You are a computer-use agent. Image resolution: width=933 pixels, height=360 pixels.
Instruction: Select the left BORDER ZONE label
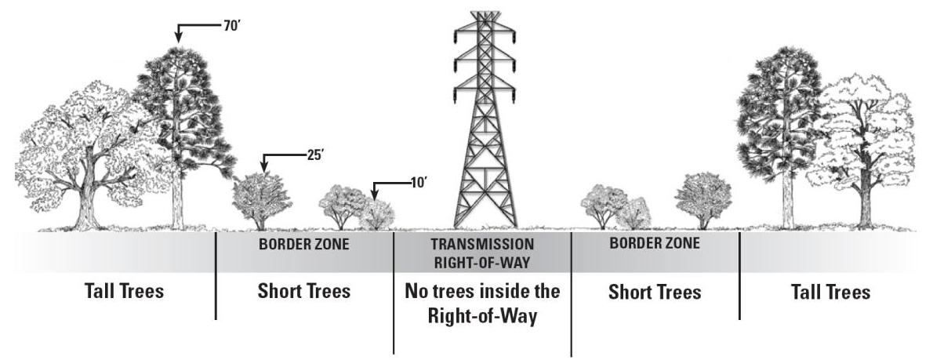303,244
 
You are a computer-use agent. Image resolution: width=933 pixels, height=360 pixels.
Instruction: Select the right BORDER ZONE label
654,244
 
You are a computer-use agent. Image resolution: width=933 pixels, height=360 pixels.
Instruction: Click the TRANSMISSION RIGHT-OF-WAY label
483,251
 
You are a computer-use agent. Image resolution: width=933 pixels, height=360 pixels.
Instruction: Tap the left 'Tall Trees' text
124,292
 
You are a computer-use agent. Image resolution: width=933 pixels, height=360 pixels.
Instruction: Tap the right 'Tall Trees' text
830,292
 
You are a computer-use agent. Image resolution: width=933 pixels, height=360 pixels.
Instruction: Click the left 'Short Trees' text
303,292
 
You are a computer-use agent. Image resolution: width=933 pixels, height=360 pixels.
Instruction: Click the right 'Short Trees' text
655,292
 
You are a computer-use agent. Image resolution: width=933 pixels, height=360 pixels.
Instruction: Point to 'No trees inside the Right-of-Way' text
483,304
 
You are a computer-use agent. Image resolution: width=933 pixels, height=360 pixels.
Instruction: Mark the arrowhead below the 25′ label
265,169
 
